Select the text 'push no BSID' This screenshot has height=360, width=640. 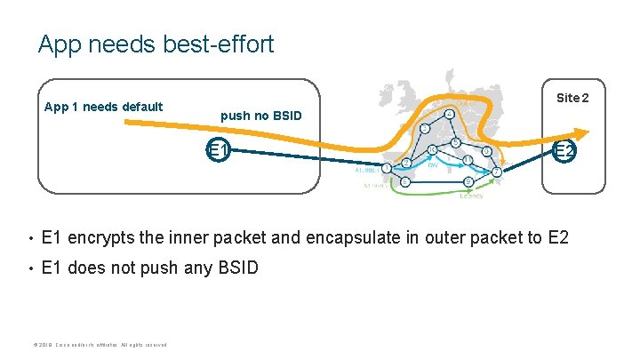click(261, 116)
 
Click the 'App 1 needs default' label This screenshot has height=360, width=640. click(104, 107)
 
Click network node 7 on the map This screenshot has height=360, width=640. click(497, 171)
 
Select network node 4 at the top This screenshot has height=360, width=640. click(451, 115)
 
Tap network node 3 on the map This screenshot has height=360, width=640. click(426, 130)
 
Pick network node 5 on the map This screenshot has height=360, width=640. click(455, 142)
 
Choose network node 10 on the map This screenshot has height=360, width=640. click(433, 149)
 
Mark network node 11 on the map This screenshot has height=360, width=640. click(468, 160)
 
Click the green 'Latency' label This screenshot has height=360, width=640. click(472, 196)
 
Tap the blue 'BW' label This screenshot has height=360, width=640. click(433, 165)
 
